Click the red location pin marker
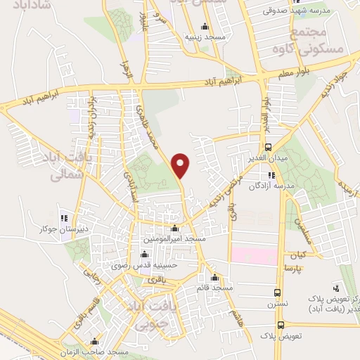click(x=181, y=165)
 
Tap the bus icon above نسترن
click(x=278, y=292)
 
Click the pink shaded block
click(x=254, y=255)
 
